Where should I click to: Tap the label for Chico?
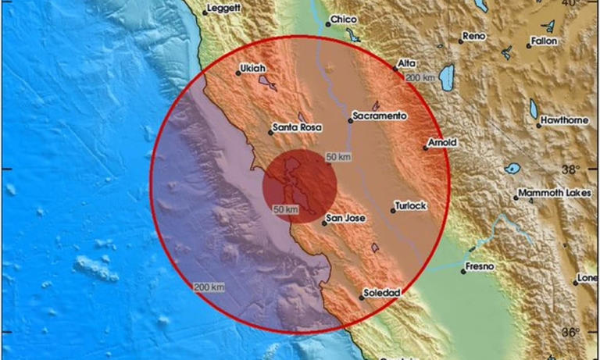coord(344,20)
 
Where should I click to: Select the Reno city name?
coord(473,36)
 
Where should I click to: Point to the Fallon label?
coord(544,41)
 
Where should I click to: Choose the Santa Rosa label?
coord(295,127)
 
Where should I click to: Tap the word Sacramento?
coord(380,116)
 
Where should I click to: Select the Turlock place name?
coord(411,205)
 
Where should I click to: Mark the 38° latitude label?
coord(573,169)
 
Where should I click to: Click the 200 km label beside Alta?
coord(420,77)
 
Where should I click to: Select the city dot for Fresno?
coord(463,272)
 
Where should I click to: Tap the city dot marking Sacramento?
coord(350,120)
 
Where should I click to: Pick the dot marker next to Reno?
coord(461,39)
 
